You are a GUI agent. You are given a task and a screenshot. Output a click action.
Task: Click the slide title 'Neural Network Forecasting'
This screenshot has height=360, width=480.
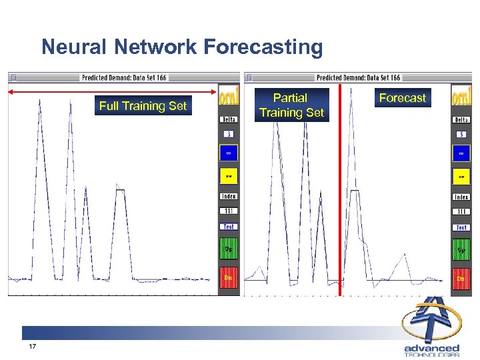tap(181, 47)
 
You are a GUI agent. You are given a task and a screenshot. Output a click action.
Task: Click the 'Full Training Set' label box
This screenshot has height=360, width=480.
tap(143, 105)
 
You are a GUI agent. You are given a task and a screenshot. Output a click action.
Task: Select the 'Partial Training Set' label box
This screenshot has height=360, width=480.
tap(291, 105)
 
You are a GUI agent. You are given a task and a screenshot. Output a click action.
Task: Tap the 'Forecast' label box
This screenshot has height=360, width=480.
tap(402, 98)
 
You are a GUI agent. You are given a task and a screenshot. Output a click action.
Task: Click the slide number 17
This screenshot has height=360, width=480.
tap(32, 347)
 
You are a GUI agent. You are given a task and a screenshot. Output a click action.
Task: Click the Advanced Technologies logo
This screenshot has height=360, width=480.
tap(431, 327)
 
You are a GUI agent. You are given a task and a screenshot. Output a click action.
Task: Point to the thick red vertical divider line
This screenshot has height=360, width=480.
tap(341, 200)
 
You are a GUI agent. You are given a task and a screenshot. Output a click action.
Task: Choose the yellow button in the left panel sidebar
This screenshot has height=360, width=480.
tap(228, 177)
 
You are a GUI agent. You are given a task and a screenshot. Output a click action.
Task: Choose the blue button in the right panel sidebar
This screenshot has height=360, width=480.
tap(461, 153)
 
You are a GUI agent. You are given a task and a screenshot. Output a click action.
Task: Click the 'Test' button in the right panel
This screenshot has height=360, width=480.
tap(461, 227)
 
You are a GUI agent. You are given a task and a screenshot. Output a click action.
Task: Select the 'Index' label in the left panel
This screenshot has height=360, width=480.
tap(228, 196)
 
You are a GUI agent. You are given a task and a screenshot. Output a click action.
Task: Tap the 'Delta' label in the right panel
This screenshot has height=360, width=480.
tap(461, 119)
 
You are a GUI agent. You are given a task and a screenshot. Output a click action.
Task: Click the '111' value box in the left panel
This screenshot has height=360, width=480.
tap(228, 211)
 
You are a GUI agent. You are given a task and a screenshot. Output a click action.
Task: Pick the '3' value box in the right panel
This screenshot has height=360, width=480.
tap(461, 134)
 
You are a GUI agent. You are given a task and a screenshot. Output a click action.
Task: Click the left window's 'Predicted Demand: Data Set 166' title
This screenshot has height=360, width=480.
tap(123, 77)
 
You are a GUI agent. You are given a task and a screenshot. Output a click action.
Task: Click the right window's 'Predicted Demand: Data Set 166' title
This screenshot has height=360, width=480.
tap(358, 77)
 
